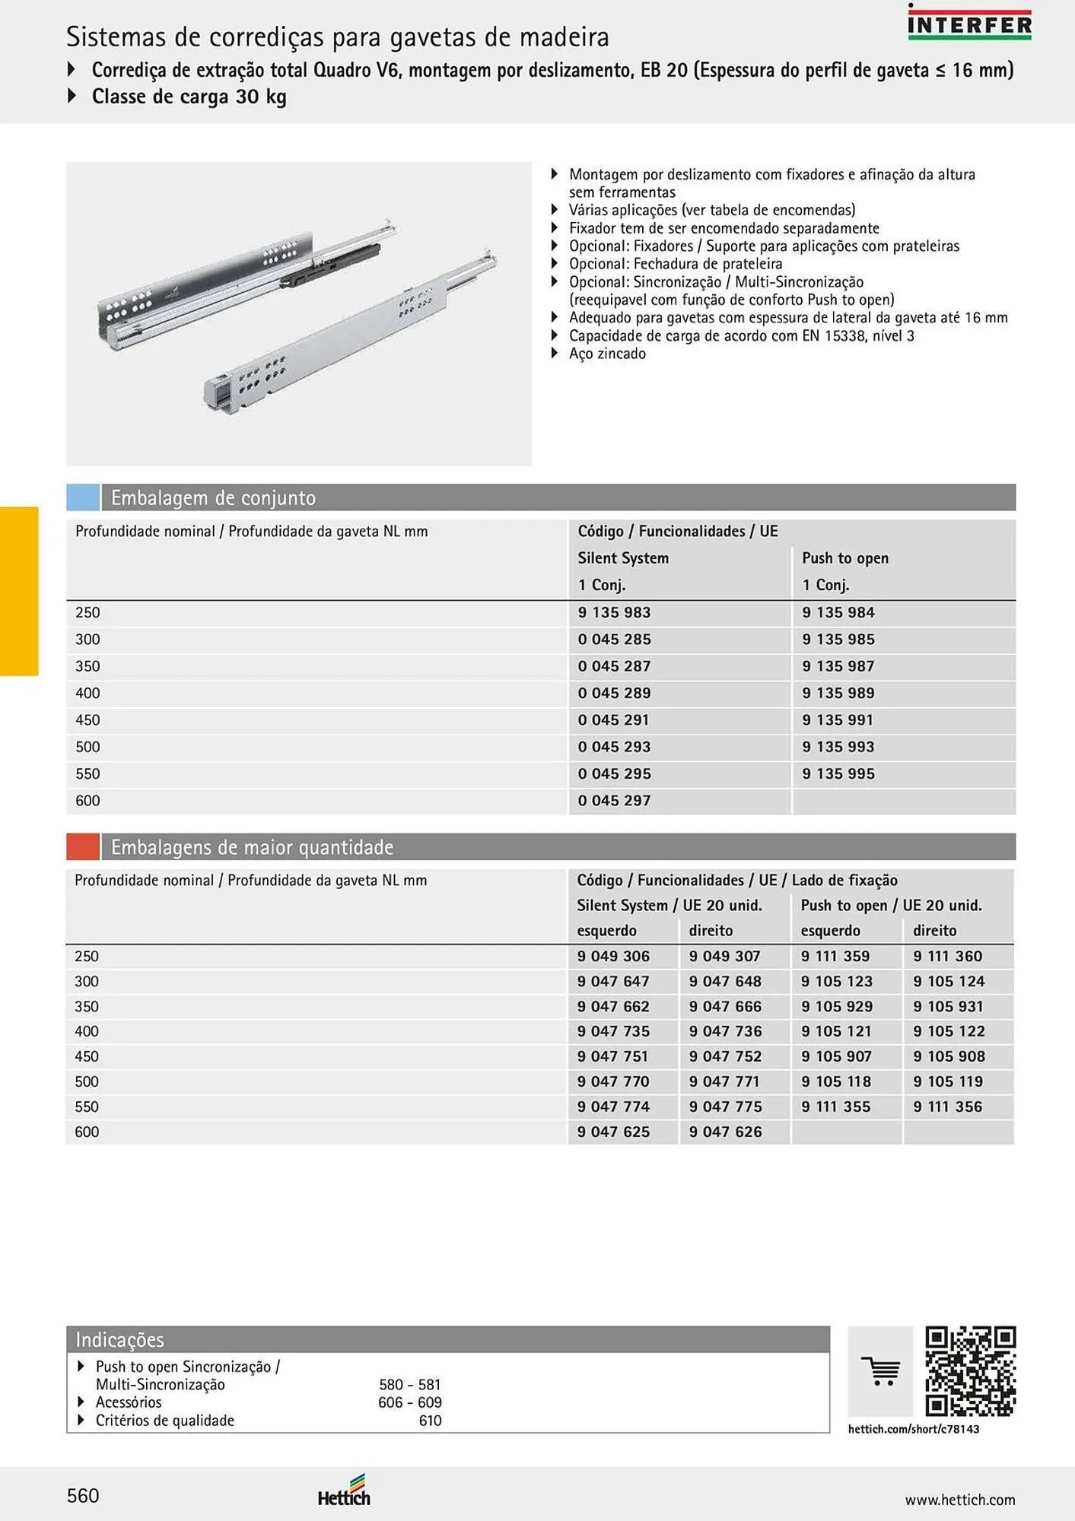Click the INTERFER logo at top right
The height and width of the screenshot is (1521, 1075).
[969, 23]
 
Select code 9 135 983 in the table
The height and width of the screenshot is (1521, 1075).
[613, 613]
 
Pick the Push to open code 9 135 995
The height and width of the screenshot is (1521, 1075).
[838, 774]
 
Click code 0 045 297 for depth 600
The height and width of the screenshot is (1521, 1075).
[613, 801]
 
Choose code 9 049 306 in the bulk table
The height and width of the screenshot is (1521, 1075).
[613, 957]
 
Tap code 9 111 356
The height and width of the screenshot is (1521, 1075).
[947, 1107]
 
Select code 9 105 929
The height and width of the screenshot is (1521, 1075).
[836, 1007]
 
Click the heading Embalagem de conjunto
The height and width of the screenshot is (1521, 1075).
[213, 498]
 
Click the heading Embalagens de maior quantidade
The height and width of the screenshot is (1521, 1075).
[252, 847]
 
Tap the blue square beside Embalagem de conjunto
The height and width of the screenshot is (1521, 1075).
[83, 497]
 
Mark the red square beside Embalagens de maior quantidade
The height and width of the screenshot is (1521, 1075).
[83, 846]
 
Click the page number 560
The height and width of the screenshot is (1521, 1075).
[83, 1496]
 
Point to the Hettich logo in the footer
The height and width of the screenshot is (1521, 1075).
[345, 1491]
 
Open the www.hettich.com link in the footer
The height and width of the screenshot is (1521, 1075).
[959, 1500]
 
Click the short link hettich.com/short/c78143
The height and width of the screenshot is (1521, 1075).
[913, 1429]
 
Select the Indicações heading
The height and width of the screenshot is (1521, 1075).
[119, 1339]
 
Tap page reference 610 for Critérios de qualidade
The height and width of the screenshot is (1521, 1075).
[430, 1421]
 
